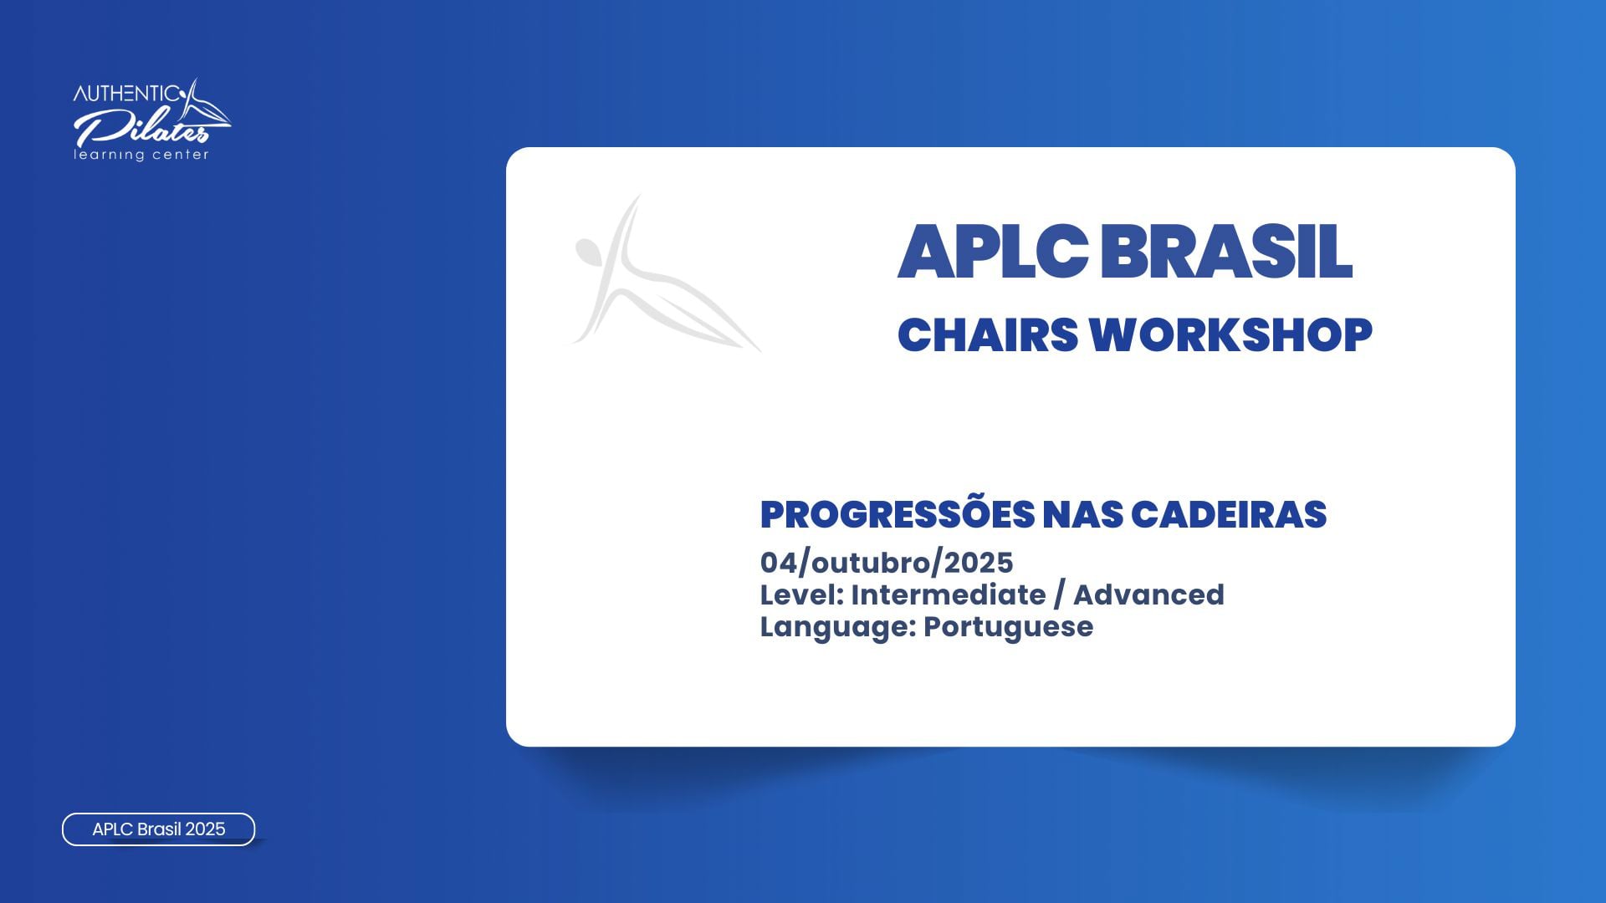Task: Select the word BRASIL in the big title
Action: (1225, 251)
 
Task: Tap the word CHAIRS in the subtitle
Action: (988, 334)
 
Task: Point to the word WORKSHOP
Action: (1230, 334)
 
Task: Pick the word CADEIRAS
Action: (1229, 514)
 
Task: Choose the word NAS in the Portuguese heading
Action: (1083, 514)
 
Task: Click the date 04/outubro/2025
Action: (887, 563)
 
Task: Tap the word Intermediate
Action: (949, 594)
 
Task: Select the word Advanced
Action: (1148, 594)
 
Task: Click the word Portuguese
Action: (1008, 627)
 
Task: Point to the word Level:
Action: (802, 594)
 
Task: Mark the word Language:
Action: (839, 627)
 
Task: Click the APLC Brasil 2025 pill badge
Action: (159, 829)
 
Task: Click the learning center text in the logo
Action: (141, 155)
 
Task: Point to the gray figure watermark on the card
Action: (665, 274)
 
